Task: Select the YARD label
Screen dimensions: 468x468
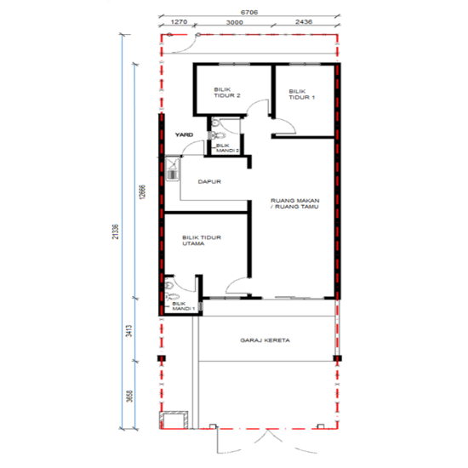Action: pos(184,134)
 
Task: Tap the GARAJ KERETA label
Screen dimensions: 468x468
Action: pos(265,340)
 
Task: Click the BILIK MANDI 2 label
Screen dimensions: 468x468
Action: pos(227,148)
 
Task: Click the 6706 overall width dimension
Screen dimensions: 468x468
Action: pos(249,14)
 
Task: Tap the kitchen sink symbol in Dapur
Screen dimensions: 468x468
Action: pos(173,168)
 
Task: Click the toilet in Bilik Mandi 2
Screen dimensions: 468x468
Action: pos(220,132)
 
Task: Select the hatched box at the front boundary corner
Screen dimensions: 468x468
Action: pos(176,419)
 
